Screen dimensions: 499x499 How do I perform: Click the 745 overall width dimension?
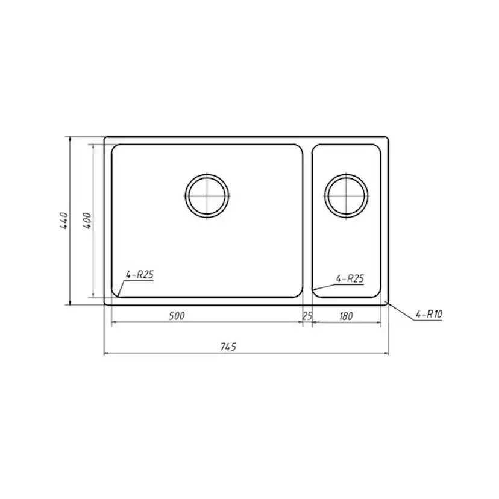[x=228, y=347]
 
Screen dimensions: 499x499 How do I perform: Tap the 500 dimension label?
[x=177, y=316]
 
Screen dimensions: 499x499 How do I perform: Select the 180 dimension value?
[x=346, y=316]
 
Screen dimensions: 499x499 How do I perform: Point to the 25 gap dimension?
[x=307, y=316]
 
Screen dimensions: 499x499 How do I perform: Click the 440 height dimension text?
[x=64, y=221]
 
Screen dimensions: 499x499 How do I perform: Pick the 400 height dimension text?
[x=87, y=221]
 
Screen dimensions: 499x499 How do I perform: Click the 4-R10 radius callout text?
[x=429, y=315]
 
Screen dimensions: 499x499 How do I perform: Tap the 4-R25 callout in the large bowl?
[x=139, y=274]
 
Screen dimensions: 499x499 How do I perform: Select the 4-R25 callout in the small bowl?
[x=350, y=279]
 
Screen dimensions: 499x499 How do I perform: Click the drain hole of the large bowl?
[x=207, y=196]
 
